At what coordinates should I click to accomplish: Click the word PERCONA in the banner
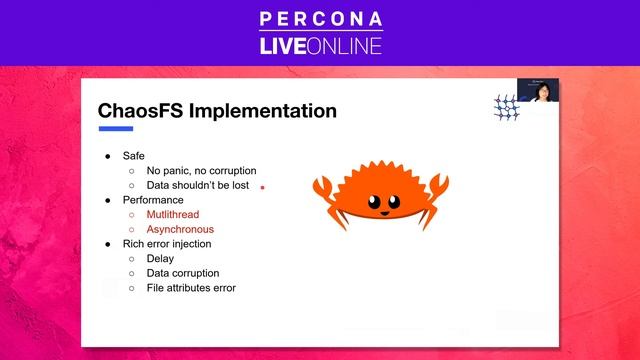[320, 19]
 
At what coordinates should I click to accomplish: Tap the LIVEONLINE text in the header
[320, 45]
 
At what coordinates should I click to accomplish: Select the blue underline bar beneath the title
[115, 129]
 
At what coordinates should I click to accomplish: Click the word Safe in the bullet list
[133, 156]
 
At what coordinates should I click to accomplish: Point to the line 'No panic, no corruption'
[201, 171]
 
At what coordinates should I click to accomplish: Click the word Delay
[160, 258]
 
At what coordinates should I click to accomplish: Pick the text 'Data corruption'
[183, 273]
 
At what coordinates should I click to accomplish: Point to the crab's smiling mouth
[381, 211]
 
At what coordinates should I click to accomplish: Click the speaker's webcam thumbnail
[538, 91]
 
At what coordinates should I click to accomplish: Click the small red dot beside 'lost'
[262, 186]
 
